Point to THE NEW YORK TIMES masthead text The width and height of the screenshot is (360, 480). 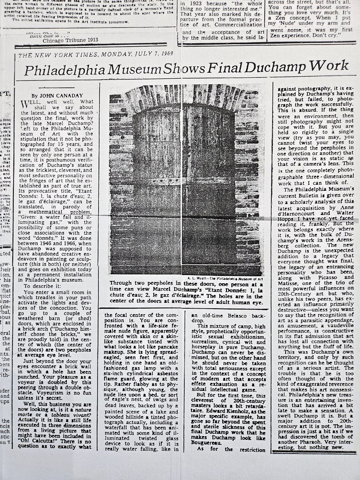click(54, 55)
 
